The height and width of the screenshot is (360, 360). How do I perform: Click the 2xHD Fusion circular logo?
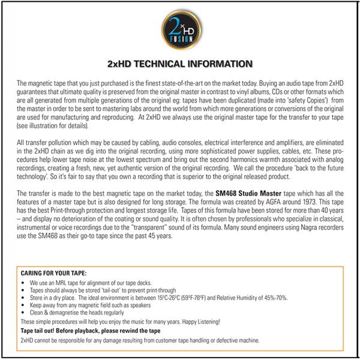pyautogui.click(x=179, y=31)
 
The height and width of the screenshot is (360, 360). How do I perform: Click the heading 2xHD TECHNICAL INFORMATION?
pyautogui.click(x=179, y=64)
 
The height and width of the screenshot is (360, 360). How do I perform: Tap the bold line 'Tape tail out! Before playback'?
pyautogui.click(x=91, y=331)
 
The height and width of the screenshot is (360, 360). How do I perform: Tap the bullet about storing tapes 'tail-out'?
pyautogui.click(x=102, y=289)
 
